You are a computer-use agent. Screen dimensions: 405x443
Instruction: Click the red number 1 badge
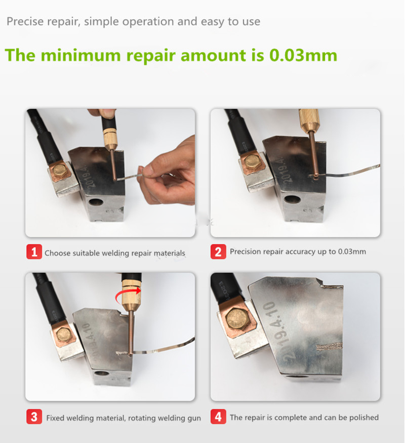34,252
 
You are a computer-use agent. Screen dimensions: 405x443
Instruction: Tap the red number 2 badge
218,252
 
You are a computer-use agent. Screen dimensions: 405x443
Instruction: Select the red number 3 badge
34,417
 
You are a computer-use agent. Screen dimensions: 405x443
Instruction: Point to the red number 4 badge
218,417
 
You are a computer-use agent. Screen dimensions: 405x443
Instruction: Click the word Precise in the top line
25,21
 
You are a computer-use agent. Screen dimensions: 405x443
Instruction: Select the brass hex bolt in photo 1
60,170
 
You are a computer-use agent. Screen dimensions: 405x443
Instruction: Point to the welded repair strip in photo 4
329,346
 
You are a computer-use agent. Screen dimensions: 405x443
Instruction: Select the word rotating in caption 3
142,418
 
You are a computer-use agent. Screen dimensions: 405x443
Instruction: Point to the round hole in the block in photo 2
293,199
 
